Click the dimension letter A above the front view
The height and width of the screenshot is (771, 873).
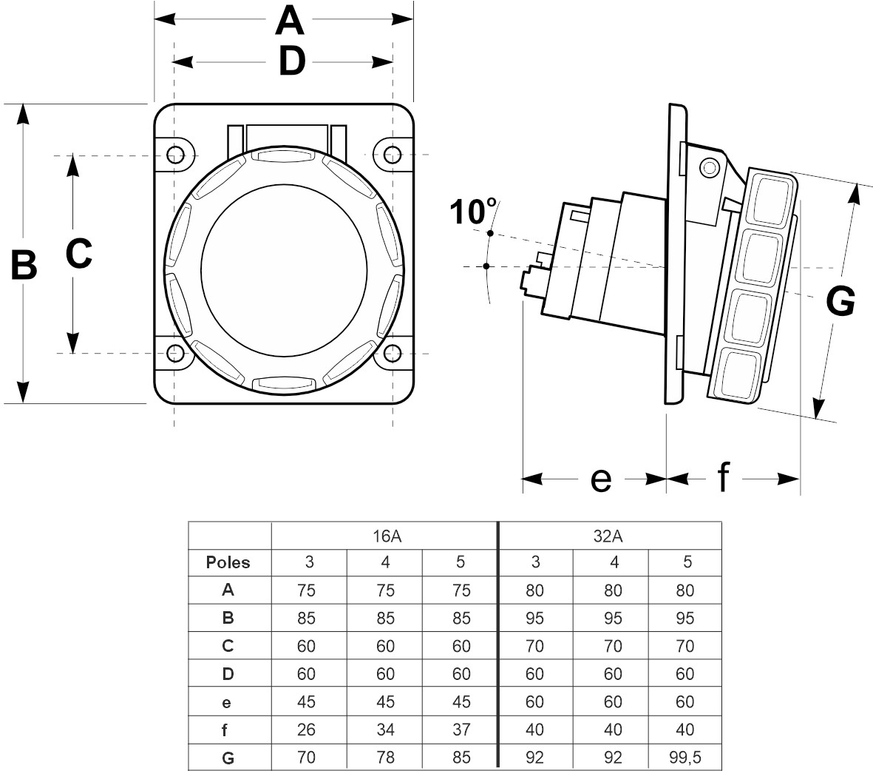pos(289,21)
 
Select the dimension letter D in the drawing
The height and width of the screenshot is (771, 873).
pos(291,62)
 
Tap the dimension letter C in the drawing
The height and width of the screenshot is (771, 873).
pos(78,254)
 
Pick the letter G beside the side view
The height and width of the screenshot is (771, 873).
pos(840,302)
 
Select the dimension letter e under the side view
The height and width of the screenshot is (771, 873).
pos(601,480)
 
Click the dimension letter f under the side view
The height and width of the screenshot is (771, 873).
pos(723,479)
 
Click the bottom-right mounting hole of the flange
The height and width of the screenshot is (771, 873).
pos(393,354)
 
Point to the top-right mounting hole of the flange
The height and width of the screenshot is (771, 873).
pos(393,155)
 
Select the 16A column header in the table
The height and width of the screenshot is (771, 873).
pos(384,536)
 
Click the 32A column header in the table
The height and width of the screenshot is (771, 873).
pos(610,536)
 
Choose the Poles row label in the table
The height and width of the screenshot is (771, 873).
pos(228,562)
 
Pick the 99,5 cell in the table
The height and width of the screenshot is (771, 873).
pos(685,758)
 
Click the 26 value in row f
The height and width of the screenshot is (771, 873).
pos(306,730)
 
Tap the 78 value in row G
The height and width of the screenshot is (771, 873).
pos(385,758)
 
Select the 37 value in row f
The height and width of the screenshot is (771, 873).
pos(461,730)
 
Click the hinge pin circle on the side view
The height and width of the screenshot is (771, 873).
pos(709,168)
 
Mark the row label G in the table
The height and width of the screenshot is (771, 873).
pos(228,758)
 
